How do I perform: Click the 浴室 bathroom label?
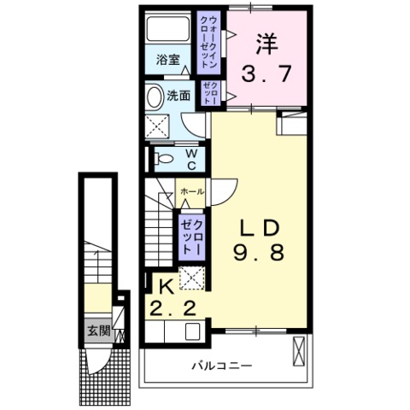click(x=168, y=60)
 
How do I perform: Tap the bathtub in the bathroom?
click(x=168, y=29)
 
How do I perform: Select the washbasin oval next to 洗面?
click(x=155, y=97)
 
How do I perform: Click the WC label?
click(x=191, y=160)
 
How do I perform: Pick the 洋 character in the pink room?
click(x=266, y=44)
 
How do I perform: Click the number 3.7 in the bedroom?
click(x=266, y=73)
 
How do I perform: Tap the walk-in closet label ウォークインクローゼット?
click(x=209, y=42)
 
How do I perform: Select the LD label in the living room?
click(x=260, y=228)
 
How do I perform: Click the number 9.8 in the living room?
click(x=259, y=253)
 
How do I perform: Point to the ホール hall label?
click(x=192, y=191)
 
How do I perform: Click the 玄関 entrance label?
click(x=98, y=331)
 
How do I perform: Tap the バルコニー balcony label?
click(x=221, y=366)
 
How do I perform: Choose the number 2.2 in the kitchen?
click(x=173, y=308)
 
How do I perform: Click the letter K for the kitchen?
click(x=167, y=287)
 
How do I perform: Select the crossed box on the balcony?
click(x=299, y=351)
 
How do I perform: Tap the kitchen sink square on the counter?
click(x=193, y=331)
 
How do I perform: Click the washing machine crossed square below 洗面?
click(x=157, y=126)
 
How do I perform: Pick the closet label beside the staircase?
click(x=192, y=237)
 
